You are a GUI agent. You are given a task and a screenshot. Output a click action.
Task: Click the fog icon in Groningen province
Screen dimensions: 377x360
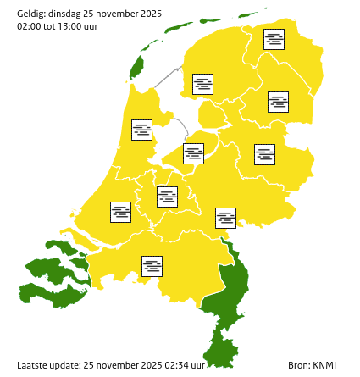(x=274, y=39)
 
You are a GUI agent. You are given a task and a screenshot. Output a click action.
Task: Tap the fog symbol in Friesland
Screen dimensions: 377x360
(x=202, y=84)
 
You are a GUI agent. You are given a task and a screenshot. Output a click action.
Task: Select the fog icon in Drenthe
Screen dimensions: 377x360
(x=278, y=102)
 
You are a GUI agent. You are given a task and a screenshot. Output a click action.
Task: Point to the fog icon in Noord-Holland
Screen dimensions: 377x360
(x=141, y=130)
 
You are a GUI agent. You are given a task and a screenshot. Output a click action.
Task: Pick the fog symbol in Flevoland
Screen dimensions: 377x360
(x=194, y=153)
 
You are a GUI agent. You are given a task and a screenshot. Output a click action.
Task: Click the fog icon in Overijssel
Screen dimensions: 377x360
(x=264, y=154)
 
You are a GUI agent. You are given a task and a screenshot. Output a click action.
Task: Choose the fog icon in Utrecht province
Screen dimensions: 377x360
(x=167, y=197)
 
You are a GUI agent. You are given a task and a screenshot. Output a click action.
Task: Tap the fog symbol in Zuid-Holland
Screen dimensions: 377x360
(x=120, y=212)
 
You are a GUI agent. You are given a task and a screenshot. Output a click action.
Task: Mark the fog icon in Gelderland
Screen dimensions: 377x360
(x=225, y=218)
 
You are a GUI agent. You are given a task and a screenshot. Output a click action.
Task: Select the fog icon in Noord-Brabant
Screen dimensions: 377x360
(x=152, y=266)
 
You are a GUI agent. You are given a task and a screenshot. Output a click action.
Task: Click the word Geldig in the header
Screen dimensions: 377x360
(x=31, y=14)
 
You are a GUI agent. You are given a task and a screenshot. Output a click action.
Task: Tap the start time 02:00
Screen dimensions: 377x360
(x=29, y=26)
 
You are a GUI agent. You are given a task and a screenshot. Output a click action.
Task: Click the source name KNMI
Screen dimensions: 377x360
(x=324, y=365)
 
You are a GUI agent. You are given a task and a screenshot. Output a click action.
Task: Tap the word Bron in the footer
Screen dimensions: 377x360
(x=298, y=365)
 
